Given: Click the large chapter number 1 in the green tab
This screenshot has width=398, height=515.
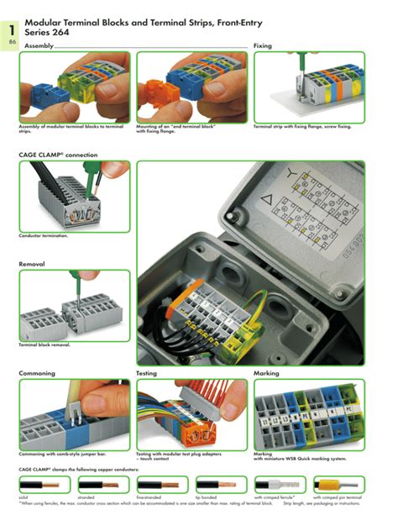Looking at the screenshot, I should [x=12, y=29].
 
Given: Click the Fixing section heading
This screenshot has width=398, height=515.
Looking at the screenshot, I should [x=263, y=45].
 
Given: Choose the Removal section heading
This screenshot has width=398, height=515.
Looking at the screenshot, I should [x=32, y=264].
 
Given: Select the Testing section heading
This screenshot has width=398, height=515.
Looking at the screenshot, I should [x=147, y=372].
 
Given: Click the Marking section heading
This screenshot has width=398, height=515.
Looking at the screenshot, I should [x=266, y=372].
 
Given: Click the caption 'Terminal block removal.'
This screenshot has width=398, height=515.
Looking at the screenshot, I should [x=45, y=345].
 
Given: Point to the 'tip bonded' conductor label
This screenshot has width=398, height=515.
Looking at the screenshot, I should [x=206, y=497].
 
